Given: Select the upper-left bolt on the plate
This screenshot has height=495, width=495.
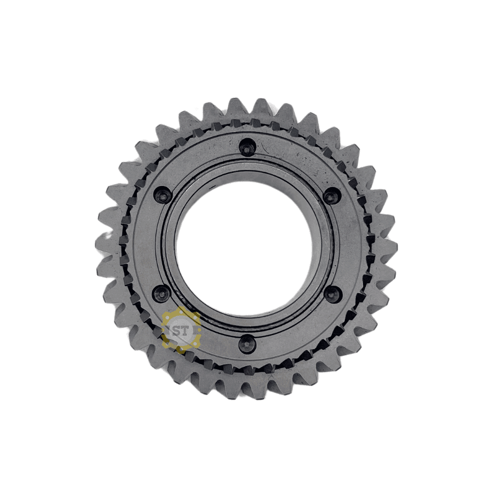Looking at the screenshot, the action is click(x=162, y=196).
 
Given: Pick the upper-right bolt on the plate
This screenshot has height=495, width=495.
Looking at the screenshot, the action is click(x=332, y=196).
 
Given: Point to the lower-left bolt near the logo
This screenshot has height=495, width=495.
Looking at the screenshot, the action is click(x=161, y=294).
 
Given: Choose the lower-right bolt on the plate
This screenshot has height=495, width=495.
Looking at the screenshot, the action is click(x=333, y=294).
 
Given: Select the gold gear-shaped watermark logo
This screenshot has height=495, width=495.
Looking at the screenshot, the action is click(x=180, y=330).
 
